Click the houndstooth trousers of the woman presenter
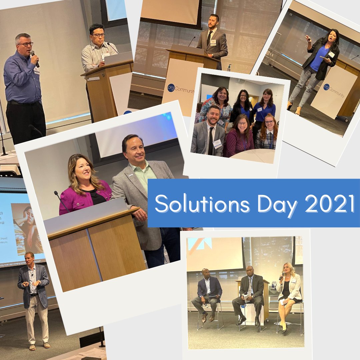[x=305, y=88]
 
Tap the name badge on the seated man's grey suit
[x=217, y=144]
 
